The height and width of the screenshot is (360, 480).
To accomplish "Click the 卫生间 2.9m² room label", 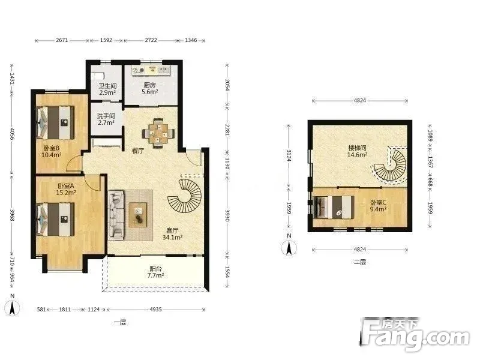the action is tap(107, 89).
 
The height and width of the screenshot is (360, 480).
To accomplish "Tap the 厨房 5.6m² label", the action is tap(149, 88).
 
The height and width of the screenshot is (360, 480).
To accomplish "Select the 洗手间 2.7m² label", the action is tap(106, 119).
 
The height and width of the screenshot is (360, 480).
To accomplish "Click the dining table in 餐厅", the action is tap(158, 134).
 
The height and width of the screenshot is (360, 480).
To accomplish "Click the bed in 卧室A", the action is tap(55, 220).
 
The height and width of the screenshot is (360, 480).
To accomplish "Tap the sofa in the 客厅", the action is tap(116, 214).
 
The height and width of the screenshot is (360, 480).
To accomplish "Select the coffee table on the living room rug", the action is tap(138, 215).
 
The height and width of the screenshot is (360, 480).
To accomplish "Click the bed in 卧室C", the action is tap(334, 207).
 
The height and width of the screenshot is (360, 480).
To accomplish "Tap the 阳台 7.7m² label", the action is tap(155, 272).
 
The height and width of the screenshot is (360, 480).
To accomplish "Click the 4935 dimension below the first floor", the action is tap(155, 310).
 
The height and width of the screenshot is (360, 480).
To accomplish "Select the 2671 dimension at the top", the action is tap(62, 40).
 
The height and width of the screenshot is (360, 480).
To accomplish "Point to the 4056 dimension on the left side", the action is tap(12, 134).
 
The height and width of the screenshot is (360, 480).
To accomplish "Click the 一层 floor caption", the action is tap(119, 322).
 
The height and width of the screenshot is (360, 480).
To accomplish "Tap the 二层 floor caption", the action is tap(359, 262).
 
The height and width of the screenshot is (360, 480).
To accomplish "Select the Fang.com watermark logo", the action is tap(414, 334).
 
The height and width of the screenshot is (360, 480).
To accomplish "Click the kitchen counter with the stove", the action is tap(151, 70).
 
